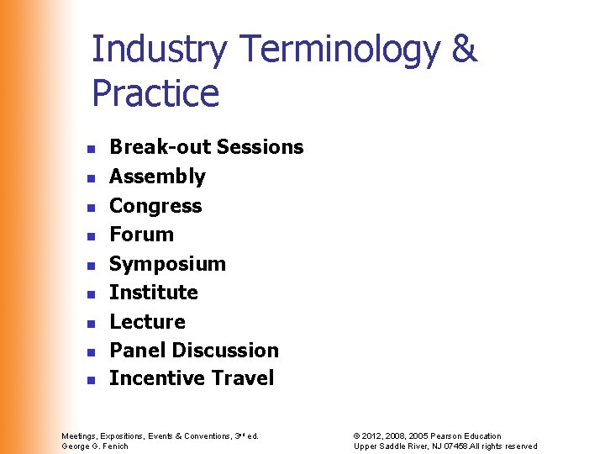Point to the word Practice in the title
coord(155,93)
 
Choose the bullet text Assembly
coord(157,177)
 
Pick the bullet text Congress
coord(155,206)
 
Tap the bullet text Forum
coord(142,235)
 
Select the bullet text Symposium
coord(167,264)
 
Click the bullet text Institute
coord(154,293)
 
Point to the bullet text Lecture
coord(147,322)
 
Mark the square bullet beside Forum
coord(91,235)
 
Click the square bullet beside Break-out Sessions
coord(91,148)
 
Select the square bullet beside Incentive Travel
coord(91,380)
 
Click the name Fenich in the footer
coord(114,446)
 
